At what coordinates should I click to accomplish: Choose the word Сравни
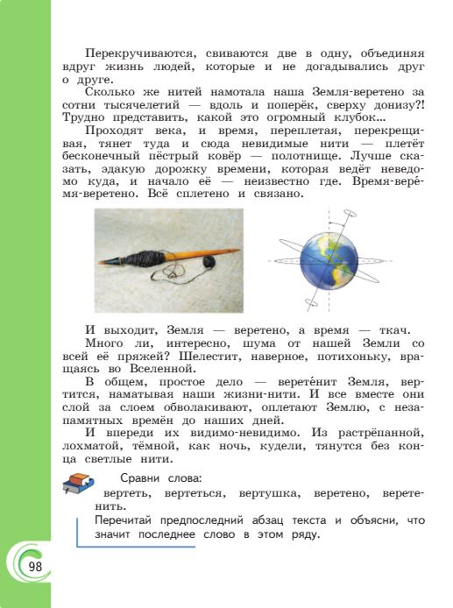pos(142,479)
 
